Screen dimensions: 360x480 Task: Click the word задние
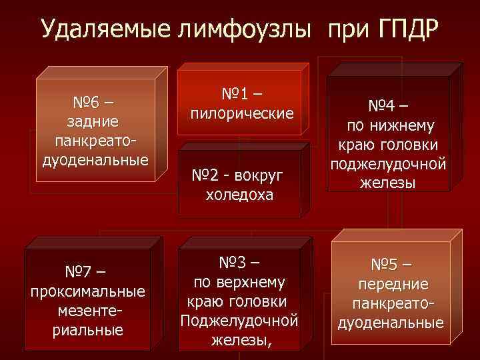point(93,121)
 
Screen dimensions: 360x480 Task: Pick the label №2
point(207,176)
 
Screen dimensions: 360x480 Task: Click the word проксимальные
point(88,292)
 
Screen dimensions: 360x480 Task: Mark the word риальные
point(88,330)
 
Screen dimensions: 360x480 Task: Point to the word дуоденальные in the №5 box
point(390,323)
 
